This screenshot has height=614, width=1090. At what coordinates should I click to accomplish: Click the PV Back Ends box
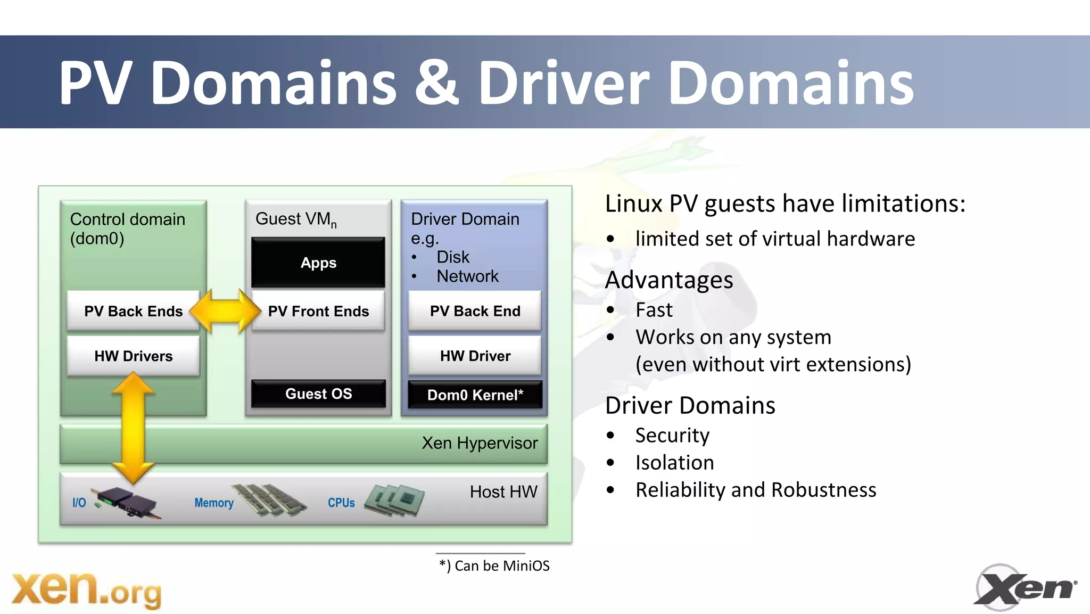click(x=133, y=311)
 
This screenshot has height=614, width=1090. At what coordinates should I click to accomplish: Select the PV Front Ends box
click(x=318, y=311)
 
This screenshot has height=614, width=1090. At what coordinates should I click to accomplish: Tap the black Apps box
click(x=318, y=263)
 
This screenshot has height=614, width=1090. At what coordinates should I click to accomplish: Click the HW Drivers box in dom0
click(x=133, y=356)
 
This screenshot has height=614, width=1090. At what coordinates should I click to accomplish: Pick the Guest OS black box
click(x=318, y=394)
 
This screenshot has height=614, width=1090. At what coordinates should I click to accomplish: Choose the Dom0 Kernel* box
click(x=475, y=395)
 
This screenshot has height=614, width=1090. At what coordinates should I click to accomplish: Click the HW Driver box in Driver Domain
click(x=475, y=356)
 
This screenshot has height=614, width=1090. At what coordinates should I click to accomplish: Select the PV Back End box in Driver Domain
click(x=475, y=311)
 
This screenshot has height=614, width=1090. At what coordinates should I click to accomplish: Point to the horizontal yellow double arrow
click(x=226, y=312)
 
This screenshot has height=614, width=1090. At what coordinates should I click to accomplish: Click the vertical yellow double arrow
click(x=133, y=426)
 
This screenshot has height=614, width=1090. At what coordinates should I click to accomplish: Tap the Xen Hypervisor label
click(x=480, y=443)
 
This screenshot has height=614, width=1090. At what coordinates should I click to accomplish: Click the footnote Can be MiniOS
click(x=494, y=566)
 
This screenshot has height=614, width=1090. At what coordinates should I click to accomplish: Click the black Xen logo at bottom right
click(x=1025, y=588)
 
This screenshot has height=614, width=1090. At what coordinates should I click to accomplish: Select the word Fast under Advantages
click(x=654, y=310)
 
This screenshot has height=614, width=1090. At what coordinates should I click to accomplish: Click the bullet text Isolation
click(x=674, y=462)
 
